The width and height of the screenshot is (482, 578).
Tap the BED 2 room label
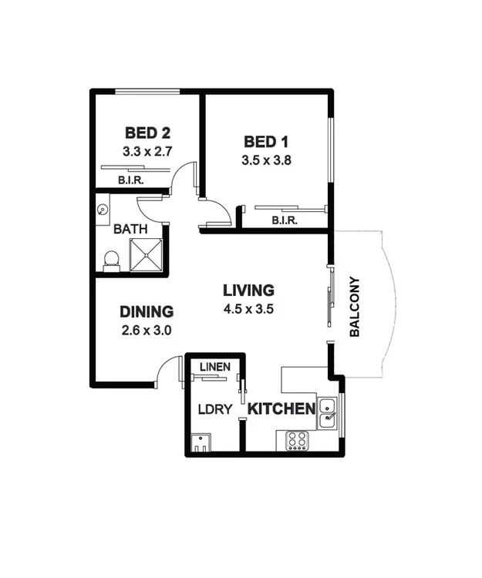pyautogui.click(x=147, y=132)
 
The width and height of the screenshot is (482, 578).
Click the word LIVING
pyautogui.click(x=248, y=291)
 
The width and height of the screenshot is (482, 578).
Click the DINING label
pyautogui.click(x=147, y=312)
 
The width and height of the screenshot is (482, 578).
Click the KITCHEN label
pyautogui.click(x=281, y=408)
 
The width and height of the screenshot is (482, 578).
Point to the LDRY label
pyautogui.click(x=215, y=409)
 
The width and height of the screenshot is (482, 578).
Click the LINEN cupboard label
pyautogui.click(x=215, y=367)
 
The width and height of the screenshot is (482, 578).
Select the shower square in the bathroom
pyautogui.click(x=147, y=255)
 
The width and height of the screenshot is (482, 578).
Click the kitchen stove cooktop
pyautogui.click(x=298, y=440)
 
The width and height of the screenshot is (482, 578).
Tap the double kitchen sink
pyautogui.click(x=327, y=412)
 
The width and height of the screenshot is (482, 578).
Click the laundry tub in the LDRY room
pyautogui.click(x=201, y=443)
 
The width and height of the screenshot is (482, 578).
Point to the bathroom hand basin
pyautogui.click(x=103, y=208)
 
